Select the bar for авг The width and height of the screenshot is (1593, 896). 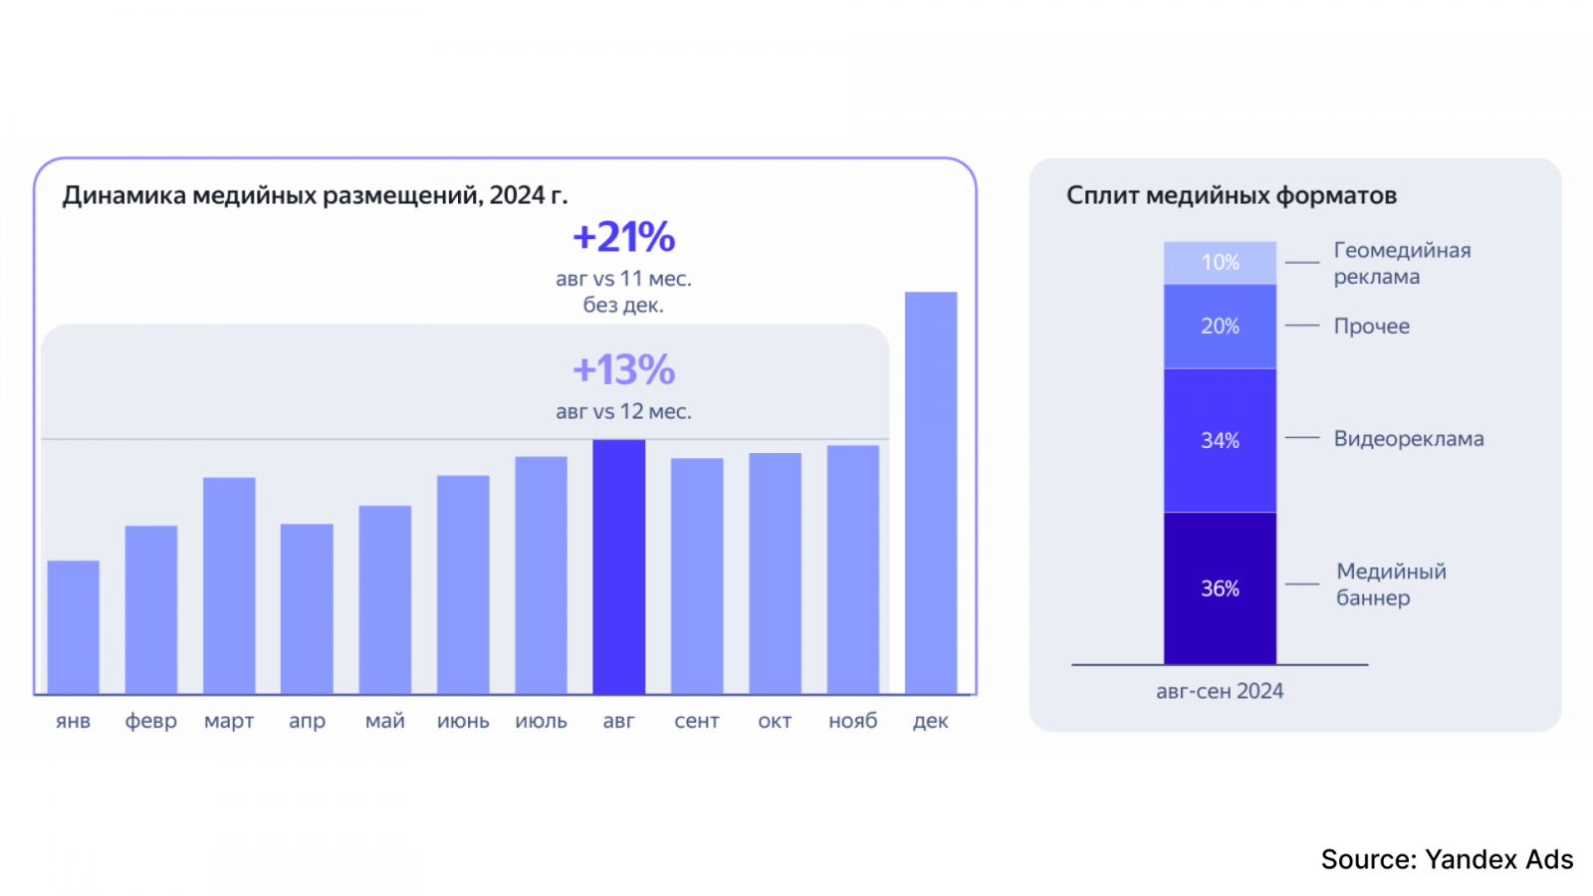click(618, 566)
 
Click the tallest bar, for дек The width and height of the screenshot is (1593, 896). click(931, 493)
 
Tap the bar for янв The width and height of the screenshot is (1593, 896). click(73, 627)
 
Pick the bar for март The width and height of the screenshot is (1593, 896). click(229, 585)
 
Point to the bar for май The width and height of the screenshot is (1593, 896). click(385, 599)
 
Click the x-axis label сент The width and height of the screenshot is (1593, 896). click(697, 721)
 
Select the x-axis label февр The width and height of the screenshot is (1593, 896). click(150, 721)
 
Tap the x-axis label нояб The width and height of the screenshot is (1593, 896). click(853, 721)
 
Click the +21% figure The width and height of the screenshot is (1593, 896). click(624, 238)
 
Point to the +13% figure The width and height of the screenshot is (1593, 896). click(624, 370)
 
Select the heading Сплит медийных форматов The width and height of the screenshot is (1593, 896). click(1232, 195)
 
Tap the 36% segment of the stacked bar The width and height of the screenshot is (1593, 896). click(1220, 588)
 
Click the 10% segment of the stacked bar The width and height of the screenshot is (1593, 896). click(1220, 263)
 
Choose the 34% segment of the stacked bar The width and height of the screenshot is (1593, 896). click(1220, 440)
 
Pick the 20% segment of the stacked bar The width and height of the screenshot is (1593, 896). click(1220, 327)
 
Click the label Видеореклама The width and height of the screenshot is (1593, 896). click(1409, 439)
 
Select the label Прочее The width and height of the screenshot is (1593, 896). click(1372, 327)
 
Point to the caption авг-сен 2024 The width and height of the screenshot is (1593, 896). click(1220, 691)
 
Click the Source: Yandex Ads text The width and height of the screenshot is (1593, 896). click(1447, 859)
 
